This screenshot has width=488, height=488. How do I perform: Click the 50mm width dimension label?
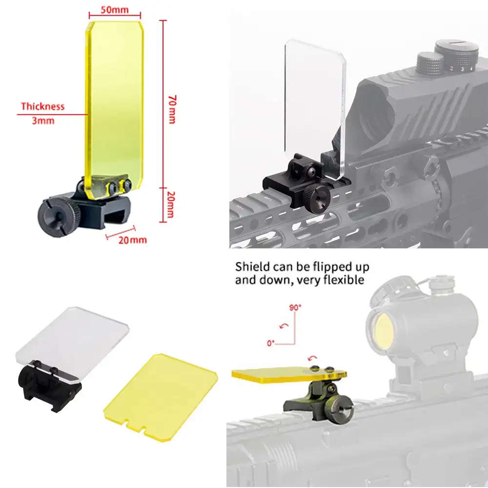(x=115, y=10)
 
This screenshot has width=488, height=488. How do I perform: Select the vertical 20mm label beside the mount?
(x=171, y=204)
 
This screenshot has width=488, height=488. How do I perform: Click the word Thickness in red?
(x=42, y=106)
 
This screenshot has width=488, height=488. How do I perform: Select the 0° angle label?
(x=271, y=343)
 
